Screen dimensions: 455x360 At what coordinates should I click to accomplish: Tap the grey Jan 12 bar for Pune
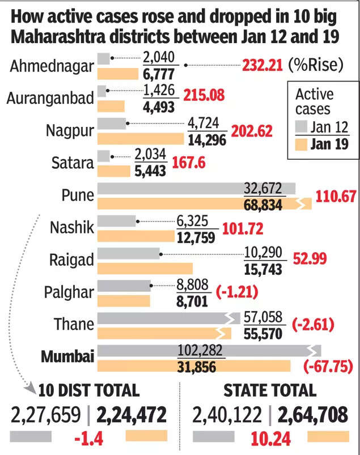pyautogui.click(x=196, y=189)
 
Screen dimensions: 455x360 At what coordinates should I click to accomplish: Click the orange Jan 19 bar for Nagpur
pyautogui.click(x=141, y=139)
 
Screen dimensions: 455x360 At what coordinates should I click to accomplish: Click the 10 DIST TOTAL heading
pyautogui.click(x=89, y=390)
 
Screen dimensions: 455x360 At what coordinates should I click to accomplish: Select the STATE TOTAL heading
pyautogui.click(x=269, y=390)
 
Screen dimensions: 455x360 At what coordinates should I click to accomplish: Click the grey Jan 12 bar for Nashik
pyautogui.click(x=117, y=221)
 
